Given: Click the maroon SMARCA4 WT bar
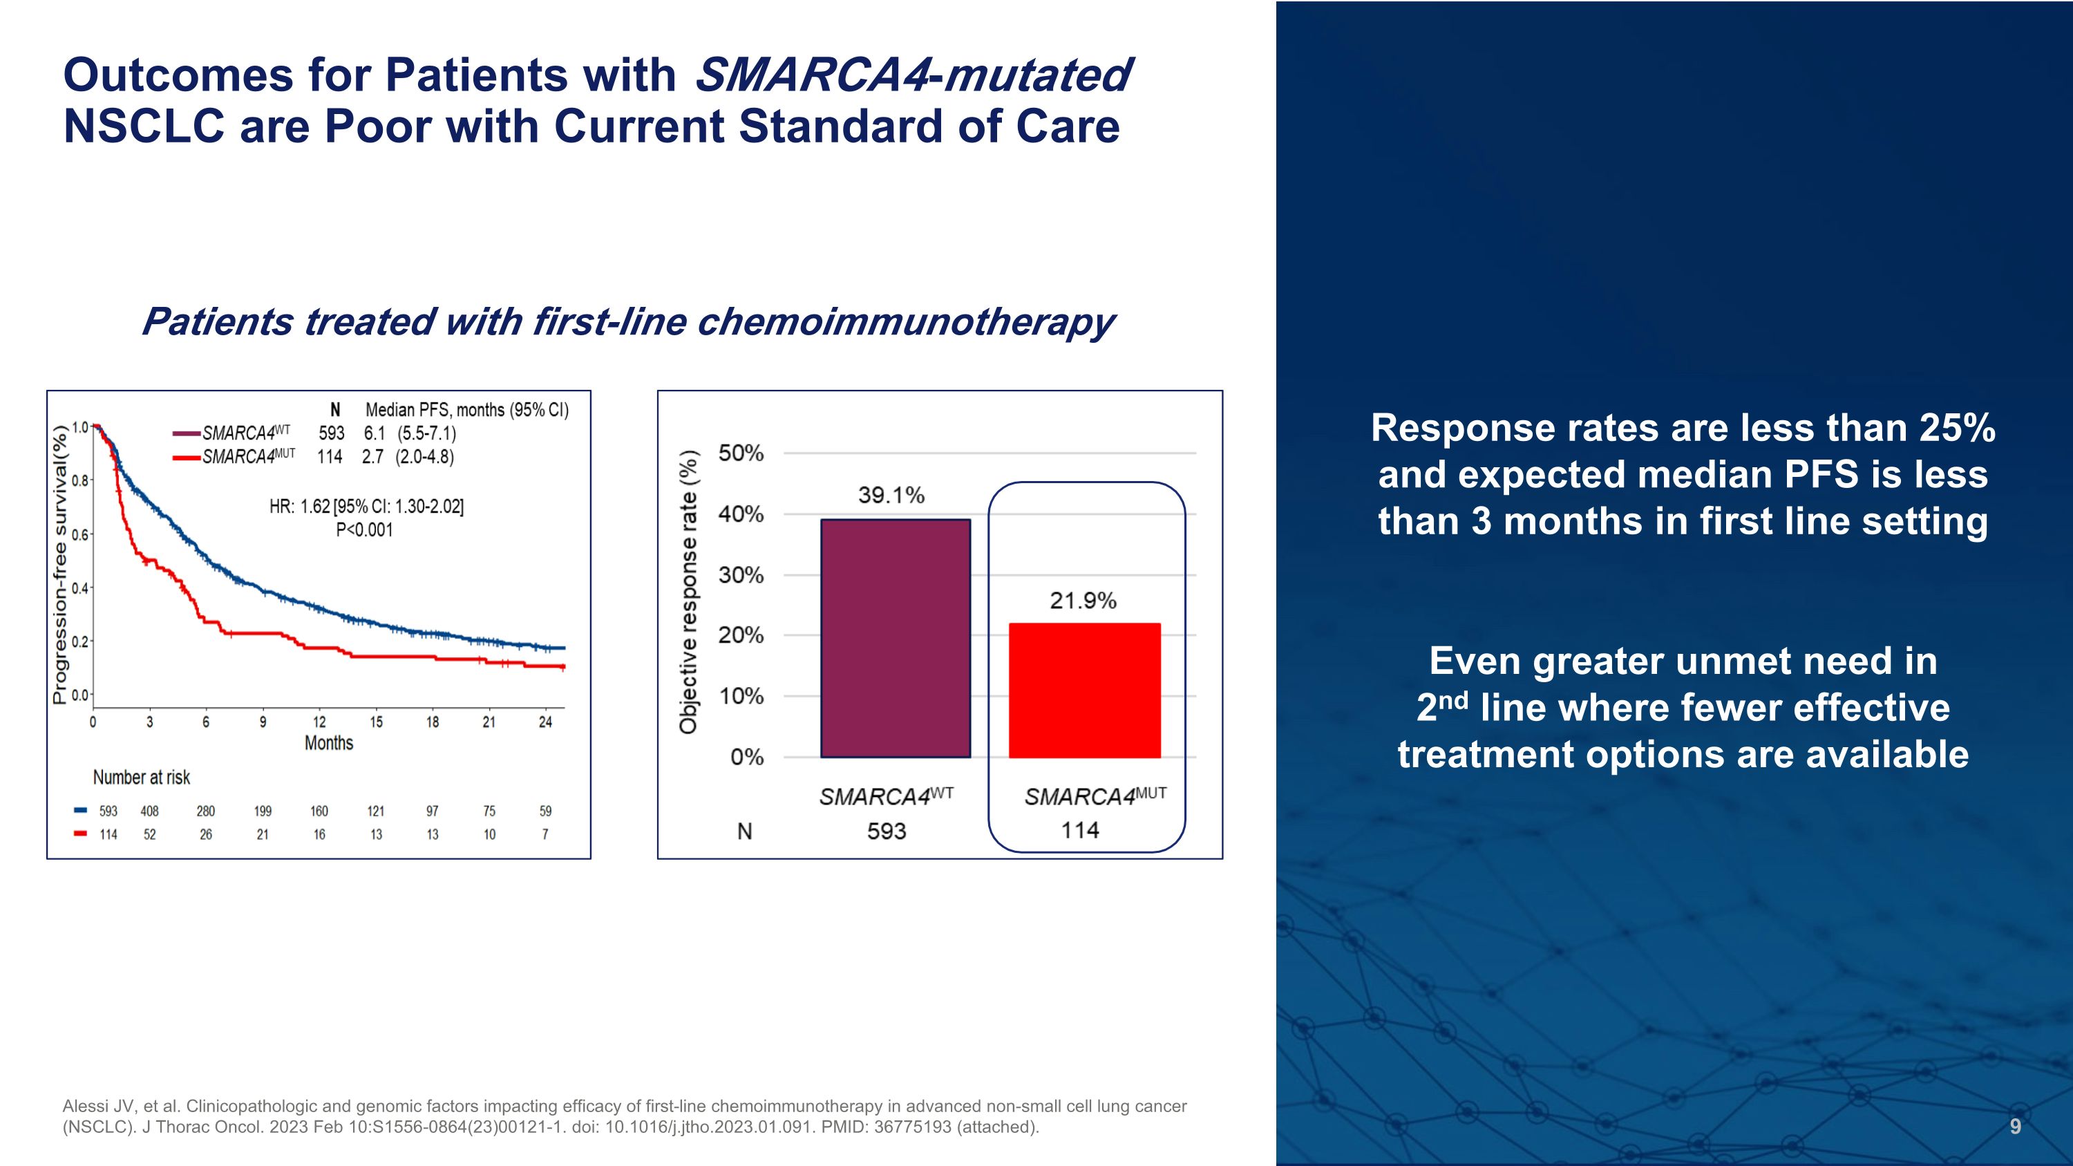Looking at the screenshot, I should [895, 638].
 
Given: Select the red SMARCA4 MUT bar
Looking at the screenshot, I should [1084, 690].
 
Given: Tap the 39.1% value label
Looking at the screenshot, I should [891, 495].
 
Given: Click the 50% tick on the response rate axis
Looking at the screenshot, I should [740, 453].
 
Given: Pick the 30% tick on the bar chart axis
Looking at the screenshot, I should [740, 575].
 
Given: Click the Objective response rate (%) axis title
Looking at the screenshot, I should [688, 592].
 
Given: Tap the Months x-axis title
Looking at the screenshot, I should [328, 743].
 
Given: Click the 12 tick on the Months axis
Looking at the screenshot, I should [319, 722].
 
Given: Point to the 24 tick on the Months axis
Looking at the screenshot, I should [546, 722].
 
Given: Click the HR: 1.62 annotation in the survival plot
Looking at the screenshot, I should [366, 506].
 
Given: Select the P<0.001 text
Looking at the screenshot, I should [363, 529].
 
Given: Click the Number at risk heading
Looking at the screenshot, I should [142, 778].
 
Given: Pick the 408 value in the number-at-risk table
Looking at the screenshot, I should [150, 811].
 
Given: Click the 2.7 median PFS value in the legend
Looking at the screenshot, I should [372, 457].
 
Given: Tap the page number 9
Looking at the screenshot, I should [2015, 1127].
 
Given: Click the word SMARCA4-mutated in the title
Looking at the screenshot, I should [913, 75].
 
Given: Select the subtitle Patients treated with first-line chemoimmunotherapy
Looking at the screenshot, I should [627, 321].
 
